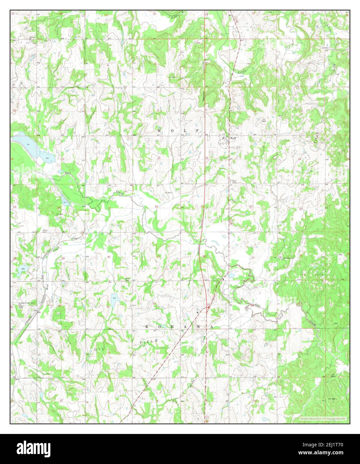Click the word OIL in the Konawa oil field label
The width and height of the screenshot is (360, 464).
[x=97, y=349]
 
